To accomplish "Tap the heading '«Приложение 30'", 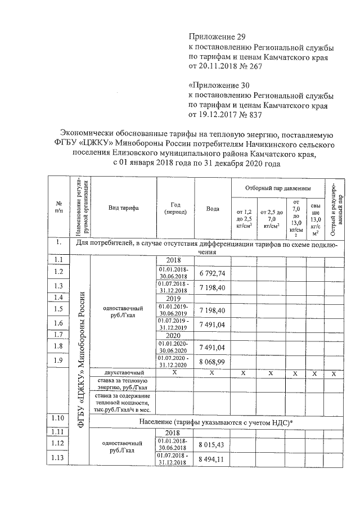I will [219, 85].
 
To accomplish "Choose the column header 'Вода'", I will [212, 208].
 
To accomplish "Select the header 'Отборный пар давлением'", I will [277, 187].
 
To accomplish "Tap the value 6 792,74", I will [212, 273].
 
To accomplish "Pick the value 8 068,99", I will [212, 361].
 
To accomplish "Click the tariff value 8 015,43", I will [212, 444].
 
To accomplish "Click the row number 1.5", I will [58, 309].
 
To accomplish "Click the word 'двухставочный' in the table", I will [124, 373].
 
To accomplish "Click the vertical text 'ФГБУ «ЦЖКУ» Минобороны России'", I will [81, 360].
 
